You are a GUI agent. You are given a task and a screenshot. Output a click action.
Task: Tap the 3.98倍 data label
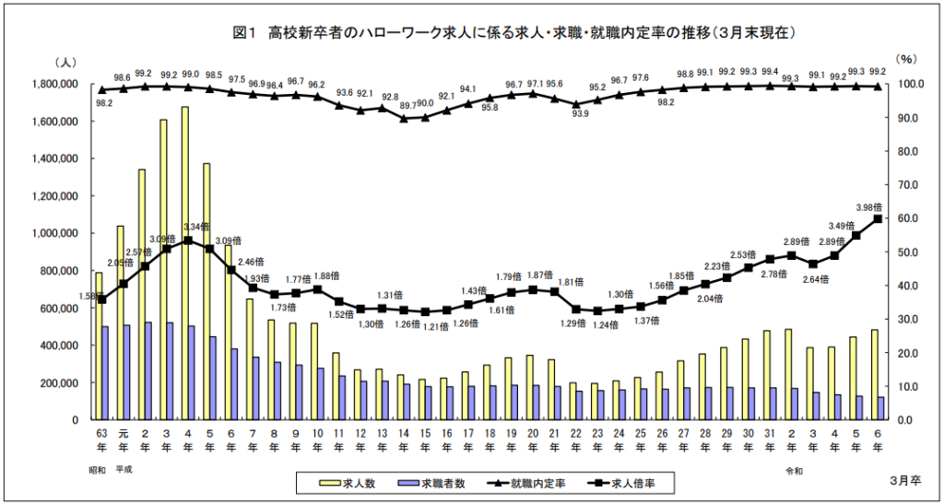click(x=869, y=206)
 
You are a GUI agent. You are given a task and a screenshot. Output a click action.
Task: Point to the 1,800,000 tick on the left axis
click(x=53, y=84)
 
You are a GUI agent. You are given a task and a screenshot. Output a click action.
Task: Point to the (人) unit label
click(x=68, y=61)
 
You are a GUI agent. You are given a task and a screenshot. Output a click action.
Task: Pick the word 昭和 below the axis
click(x=99, y=469)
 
